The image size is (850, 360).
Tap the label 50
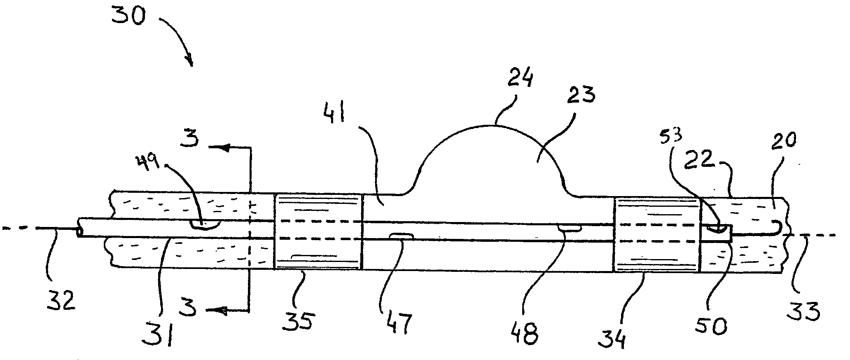tap(715, 325)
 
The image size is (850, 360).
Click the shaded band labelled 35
tap(318, 231)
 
